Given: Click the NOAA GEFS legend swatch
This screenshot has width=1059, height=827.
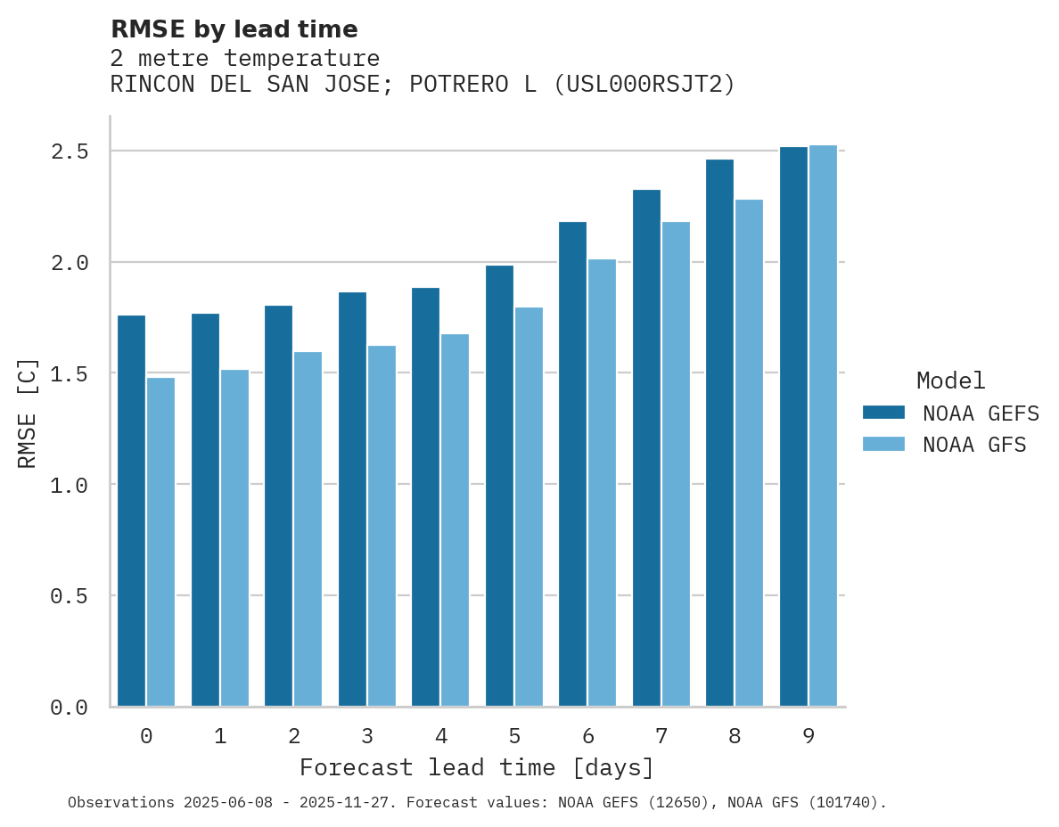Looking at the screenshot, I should pos(883,413).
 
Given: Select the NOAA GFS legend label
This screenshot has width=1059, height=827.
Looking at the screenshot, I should pos(974,445).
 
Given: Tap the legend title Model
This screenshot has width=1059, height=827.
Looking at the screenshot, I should pos(950,381).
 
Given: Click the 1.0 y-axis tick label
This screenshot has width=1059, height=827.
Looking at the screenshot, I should pos(69,485).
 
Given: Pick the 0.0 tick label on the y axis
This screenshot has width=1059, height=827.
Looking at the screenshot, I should pos(69,708).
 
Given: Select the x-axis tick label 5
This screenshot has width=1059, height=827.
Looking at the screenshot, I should pos(514,736).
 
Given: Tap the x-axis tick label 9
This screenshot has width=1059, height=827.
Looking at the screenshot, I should pos(809,736).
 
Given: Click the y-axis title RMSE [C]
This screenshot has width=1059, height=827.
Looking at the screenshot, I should pos(29,413).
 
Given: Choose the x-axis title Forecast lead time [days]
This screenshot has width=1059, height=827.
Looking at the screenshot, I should pos(477,767).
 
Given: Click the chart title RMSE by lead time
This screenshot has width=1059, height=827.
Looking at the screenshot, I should pos(234,29).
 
